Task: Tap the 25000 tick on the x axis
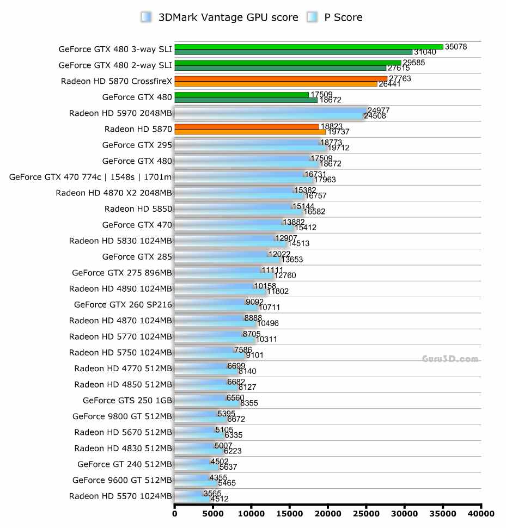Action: [366, 513]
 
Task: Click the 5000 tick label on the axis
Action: [213, 513]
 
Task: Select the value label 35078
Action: [456, 47]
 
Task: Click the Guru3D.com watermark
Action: [450, 359]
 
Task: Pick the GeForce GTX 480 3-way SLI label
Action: [115, 50]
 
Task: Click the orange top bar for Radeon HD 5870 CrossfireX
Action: [281, 79]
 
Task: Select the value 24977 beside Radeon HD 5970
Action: [379, 110]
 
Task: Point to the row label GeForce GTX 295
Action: [137, 145]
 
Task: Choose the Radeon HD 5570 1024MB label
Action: [120, 496]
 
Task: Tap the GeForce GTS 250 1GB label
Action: [127, 400]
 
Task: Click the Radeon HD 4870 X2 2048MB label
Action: [114, 193]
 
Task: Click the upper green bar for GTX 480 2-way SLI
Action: [288, 63]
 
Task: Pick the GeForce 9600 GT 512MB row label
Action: [122, 480]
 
